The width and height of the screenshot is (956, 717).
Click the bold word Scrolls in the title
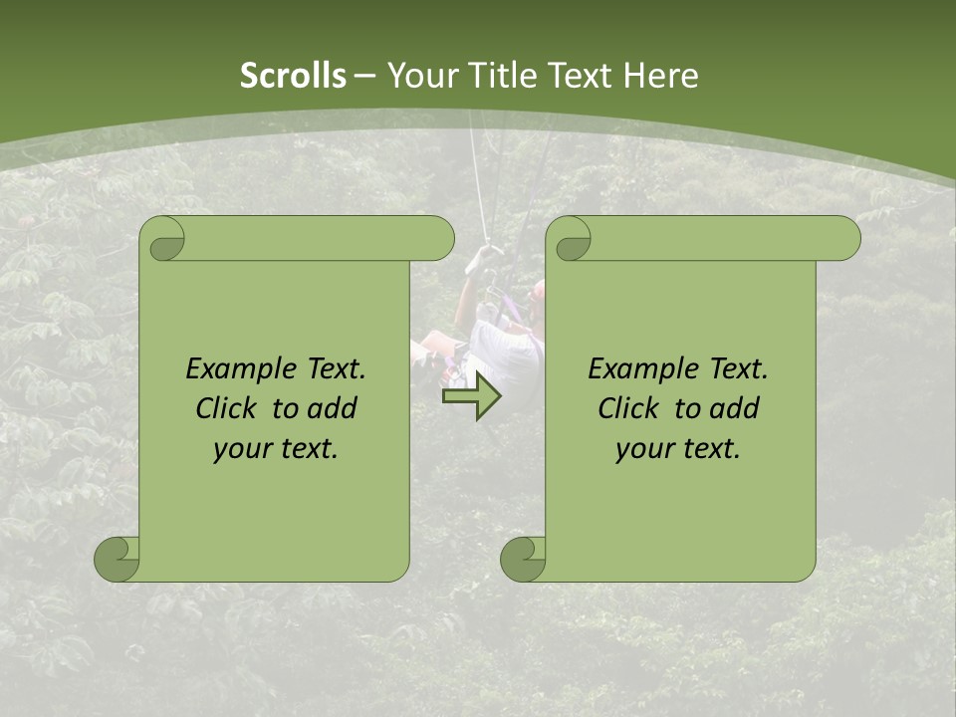293,75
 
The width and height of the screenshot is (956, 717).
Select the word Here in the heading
659,75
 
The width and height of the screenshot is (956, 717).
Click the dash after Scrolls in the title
365,76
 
